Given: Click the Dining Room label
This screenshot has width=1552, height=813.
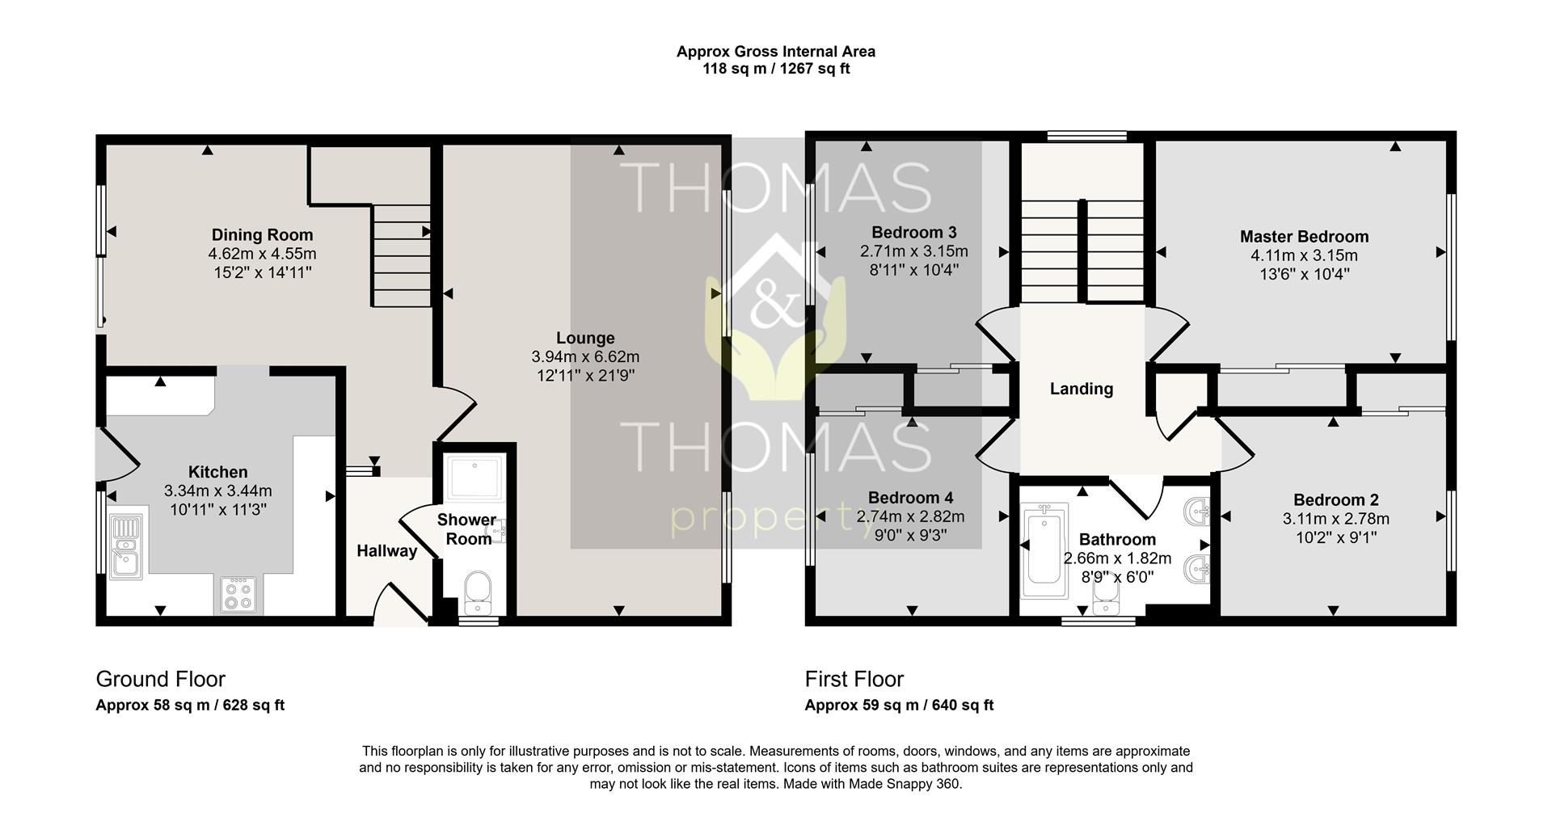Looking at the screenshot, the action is (262, 235).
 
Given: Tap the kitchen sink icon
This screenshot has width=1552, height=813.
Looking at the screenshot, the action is (125, 547).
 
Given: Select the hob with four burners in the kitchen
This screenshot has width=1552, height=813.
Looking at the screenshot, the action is (238, 596).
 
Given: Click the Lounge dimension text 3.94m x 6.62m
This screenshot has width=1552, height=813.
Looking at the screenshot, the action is (585, 356).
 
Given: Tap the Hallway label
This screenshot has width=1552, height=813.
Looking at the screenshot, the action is (386, 551).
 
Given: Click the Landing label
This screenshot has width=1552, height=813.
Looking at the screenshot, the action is (1081, 389).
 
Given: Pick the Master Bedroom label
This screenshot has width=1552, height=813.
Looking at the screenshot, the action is (1304, 237).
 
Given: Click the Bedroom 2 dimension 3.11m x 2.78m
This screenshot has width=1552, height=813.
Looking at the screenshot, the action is (1335, 519).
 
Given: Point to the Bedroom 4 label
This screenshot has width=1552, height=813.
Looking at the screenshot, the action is (910, 498).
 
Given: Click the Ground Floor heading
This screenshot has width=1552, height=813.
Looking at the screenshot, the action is (160, 679).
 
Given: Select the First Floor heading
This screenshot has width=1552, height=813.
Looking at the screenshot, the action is (854, 679).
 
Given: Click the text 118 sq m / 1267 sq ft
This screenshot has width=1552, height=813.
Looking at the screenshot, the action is (775, 69).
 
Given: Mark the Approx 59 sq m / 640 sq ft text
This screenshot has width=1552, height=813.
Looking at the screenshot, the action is (898, 705).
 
